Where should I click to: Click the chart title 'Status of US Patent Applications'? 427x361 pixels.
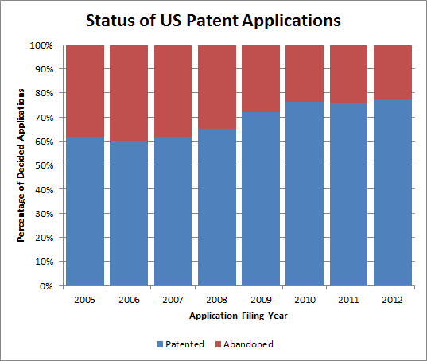213,21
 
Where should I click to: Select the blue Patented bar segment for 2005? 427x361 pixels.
85,212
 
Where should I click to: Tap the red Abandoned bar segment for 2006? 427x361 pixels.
129,93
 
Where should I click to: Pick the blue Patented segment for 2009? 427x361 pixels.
261,199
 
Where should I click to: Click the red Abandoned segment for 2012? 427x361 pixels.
393,72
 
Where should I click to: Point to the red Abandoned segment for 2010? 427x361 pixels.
305,73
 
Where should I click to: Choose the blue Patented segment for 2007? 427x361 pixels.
173,212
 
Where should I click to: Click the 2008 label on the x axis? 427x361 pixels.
217,300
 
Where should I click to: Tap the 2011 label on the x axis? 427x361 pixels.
348,300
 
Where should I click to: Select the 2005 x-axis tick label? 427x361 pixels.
85,300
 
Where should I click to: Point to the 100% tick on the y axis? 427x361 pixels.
41,45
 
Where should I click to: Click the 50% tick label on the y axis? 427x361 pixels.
44,165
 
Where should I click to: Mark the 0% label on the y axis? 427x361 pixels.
46,286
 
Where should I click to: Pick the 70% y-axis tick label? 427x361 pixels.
44,118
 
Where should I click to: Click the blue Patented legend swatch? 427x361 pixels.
160,344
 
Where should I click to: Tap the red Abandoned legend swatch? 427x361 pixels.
218,344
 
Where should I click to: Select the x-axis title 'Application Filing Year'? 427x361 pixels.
239,316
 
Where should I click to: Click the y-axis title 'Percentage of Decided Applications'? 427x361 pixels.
21,165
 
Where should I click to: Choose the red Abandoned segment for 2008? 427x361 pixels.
217,87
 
